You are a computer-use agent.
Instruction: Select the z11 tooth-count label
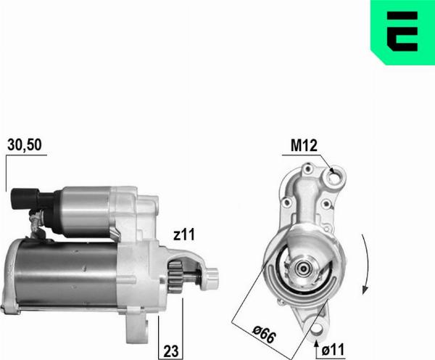184,234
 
